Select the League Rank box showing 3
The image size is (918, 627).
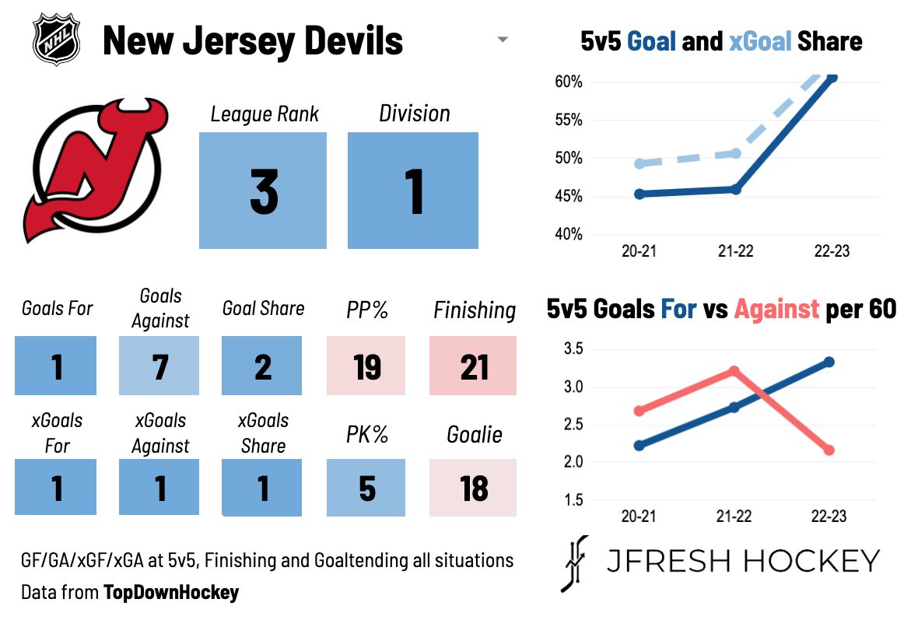tap(263, 191)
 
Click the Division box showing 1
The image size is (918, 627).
tap(413, 191)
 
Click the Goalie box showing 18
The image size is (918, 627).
tap(473, 488)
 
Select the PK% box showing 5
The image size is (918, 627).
tap(366, 488)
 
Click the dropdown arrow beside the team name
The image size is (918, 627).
tap(503, 40)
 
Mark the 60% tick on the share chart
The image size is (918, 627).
tap(569, 82)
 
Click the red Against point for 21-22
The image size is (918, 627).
tap(734, 371)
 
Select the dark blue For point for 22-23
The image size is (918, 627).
tap(829, 362)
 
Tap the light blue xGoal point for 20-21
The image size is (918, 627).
tap(639, 163)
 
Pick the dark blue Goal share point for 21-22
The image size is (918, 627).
tap(735, 189)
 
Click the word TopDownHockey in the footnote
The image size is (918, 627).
tap(171, 593)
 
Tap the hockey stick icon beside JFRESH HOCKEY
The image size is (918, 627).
tap(574, 563)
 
